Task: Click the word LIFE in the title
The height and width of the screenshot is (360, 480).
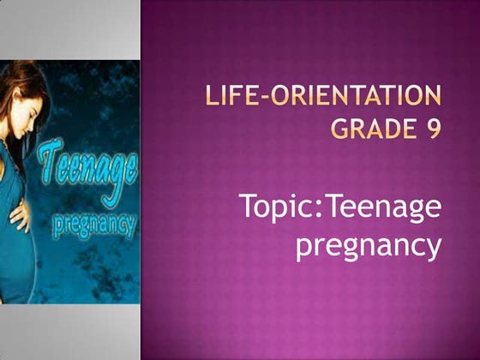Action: point(231,94)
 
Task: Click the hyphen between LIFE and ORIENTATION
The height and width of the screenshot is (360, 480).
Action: point(262,95)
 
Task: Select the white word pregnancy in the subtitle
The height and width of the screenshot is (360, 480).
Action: point(369,246)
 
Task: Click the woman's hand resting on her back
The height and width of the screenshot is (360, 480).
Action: point(19,214)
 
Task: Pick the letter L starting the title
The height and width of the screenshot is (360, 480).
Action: point(213,94)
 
